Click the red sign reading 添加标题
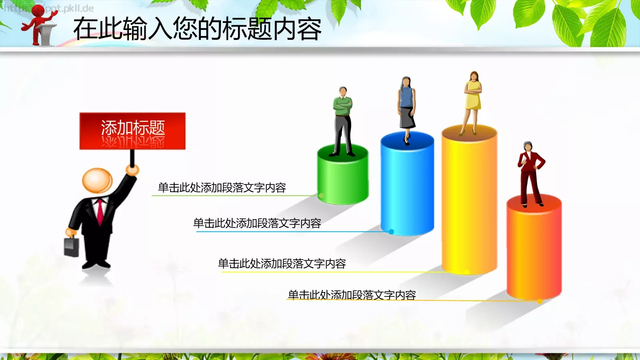click(132, 130)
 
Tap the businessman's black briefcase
click(72, 247)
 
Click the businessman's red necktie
click(100, 212)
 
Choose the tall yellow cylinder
click(469, 200)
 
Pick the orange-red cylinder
click(534, 248)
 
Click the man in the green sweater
click(343, 120)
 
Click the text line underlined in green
click(222, 188)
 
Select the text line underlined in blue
click(257, 223)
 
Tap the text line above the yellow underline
click(282, 264)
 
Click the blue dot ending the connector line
click(392, 232)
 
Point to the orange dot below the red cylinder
click(540, 301)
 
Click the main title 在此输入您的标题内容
click(197, 29)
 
